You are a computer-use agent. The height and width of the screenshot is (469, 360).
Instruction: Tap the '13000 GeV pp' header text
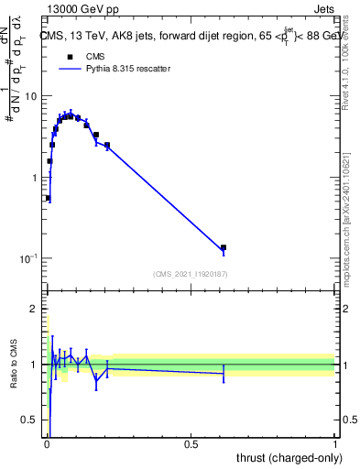(81, 9)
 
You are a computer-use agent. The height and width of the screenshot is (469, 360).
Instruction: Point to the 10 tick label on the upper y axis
(31, 96)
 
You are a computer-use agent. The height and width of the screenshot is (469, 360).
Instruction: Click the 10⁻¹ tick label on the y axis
(28, 258)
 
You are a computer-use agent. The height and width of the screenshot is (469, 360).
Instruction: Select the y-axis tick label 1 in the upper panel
(35, 177)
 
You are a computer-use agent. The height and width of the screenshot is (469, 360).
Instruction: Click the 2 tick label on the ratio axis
(35, 309)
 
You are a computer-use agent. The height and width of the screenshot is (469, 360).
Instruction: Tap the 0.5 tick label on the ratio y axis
(30, 420)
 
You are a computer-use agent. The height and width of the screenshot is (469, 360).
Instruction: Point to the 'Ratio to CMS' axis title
(13, 365)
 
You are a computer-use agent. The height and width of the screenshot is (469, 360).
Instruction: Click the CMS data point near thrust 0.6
(223, 247)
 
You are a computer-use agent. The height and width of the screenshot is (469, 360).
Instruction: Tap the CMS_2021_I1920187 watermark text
(190, 274)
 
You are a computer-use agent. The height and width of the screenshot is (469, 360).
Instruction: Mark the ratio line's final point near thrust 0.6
(223, 374)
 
